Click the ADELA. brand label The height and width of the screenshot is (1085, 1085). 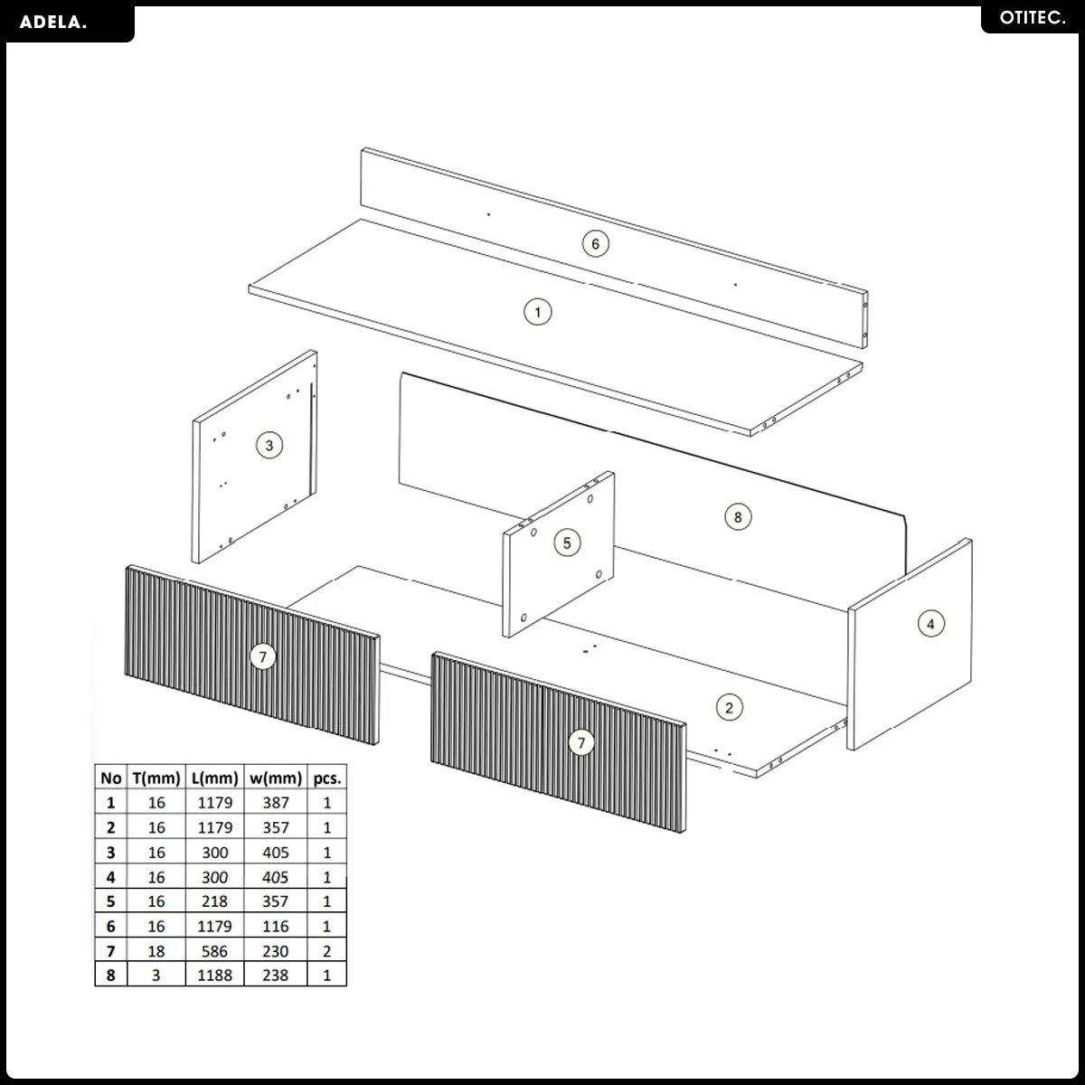click(53, 23)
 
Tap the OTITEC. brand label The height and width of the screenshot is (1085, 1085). click(1033, 18)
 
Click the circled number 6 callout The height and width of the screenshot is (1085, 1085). click(595, 244)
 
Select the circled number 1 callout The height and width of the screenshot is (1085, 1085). click(538, 312)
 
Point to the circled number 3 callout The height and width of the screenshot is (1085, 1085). click(269, 446)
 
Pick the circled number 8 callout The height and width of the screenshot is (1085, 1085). click(738, 517)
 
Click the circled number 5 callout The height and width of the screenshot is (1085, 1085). click(567, 542)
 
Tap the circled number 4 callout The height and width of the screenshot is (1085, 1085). click(930, 624)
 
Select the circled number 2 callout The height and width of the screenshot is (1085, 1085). click(729, 708)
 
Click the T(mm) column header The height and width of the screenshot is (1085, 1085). click(156, 778)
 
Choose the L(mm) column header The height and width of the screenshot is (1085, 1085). click(215, 778)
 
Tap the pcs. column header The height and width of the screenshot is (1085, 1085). click(327, 778)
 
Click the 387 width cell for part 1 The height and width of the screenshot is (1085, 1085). click(276, 803)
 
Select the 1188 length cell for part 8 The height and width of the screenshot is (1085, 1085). click(214, 976)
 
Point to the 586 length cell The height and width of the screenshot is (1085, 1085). click(214, 951)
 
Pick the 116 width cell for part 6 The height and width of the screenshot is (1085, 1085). click(276, 926)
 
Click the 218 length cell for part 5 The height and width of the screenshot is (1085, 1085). click(214, 901)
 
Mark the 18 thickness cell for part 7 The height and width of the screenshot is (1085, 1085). click(156, 951)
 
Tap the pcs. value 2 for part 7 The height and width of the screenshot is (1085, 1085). click(326, 951)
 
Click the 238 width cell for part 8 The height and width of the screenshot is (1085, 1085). click(276, 976)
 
